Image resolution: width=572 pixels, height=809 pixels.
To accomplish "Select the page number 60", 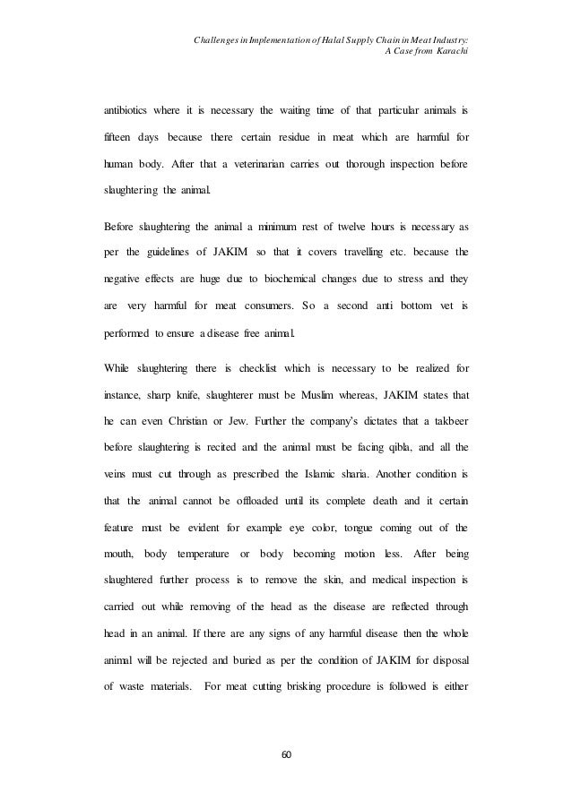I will click(286, 754).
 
